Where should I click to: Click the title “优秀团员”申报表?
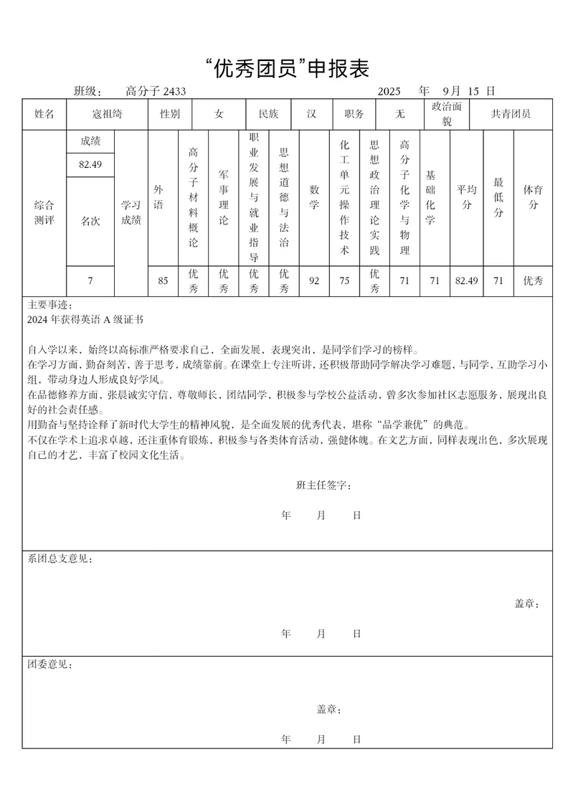click(x=287, y=69)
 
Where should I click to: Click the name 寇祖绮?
click(x=107, y=114)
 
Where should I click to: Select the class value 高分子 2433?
click(x=156, y=91)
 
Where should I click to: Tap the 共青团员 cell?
click(x=511, y=114)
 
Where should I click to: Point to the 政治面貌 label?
click(x=447, y=114)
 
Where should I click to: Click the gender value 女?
click(x=219, y=114)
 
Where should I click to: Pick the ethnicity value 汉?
click(x=312, y=114)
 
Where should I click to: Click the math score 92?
click(x=314, y=280)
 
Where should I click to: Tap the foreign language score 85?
click(x=164, y=280)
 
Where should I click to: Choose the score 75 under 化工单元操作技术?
click(x=344, y=280)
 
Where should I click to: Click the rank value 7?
click(x=90, y=280)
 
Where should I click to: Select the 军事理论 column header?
click(x=224, y=197)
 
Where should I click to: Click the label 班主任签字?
click(x=323, y=485)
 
